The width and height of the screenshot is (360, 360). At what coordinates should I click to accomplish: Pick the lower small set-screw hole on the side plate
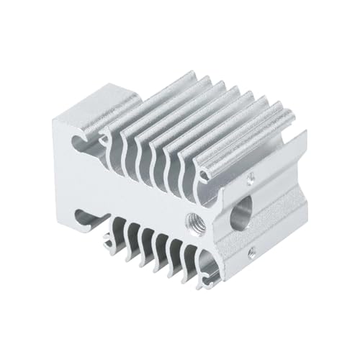(251, 251)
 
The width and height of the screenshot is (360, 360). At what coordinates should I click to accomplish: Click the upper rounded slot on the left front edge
(77, 137)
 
